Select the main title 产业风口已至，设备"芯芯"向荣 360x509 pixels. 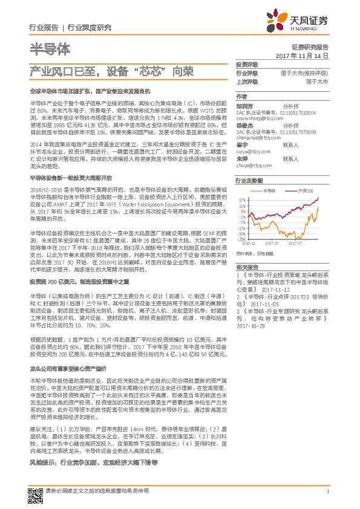[x=112, y=71]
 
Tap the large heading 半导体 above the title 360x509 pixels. [x=50, y=47]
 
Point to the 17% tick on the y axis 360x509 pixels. [x=241, y=199]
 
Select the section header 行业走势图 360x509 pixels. [x=249, y=181]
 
